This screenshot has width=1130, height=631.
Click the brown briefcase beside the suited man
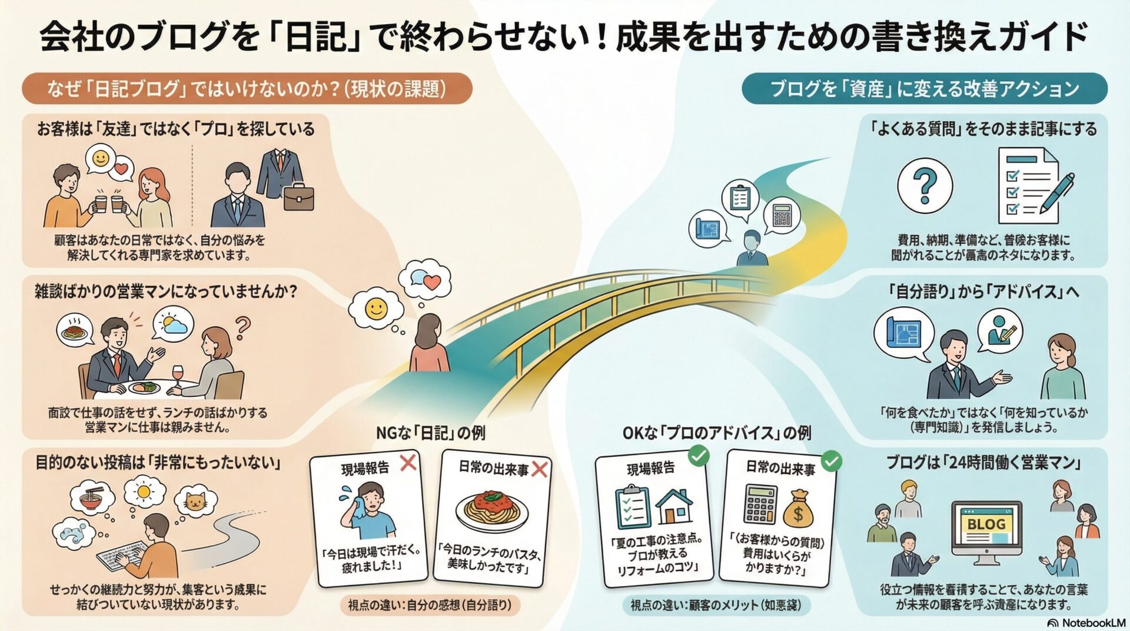tap(299, 196)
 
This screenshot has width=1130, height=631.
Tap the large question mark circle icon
tap(925, 185)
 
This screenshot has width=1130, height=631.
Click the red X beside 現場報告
tap(408, 463)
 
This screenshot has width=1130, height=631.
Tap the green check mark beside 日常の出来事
tap(831, 461)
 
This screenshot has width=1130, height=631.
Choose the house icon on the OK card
tap(674, 507)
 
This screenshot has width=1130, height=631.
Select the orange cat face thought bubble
tap(194, 501)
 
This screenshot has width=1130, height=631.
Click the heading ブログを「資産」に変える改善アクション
tap(925, 89)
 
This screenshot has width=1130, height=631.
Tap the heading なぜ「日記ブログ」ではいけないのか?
tap(247, 89)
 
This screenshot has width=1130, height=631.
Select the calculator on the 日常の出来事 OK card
tap(760, 504)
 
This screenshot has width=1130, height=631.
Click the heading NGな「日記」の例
tap(431, 433)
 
